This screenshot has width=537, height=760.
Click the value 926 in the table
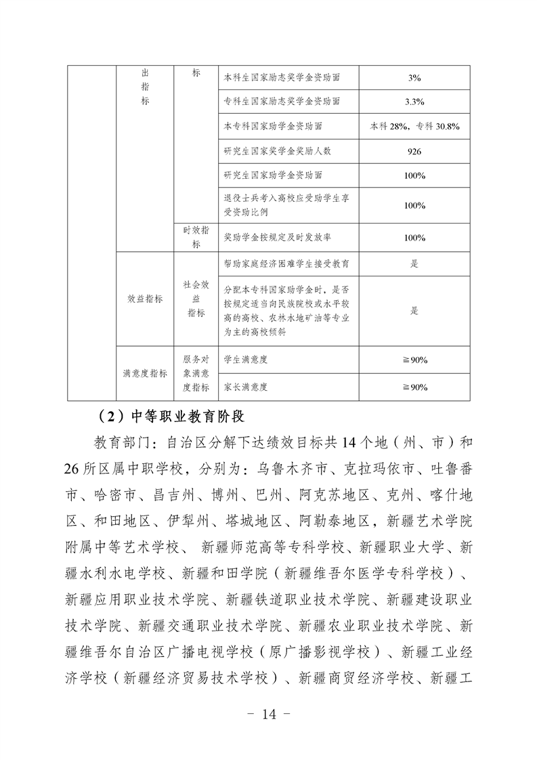coord(414,151)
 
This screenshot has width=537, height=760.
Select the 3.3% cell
coord(414,102)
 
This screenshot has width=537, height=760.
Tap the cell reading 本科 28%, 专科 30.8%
coord(414,126)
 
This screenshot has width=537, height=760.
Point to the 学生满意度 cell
coord(245,360)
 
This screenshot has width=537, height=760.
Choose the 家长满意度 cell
coord(245,387)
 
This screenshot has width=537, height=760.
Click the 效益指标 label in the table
coord(145,299)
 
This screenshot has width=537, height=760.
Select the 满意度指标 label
coord(145,373)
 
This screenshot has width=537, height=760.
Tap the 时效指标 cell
coord(196,237)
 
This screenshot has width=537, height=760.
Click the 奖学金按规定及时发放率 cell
coord(277,238)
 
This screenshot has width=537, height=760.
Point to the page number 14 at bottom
coord(269,713)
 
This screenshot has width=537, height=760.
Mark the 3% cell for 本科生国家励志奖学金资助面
coord(414,78)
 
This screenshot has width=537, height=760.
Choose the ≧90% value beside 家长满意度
coord(414,387)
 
